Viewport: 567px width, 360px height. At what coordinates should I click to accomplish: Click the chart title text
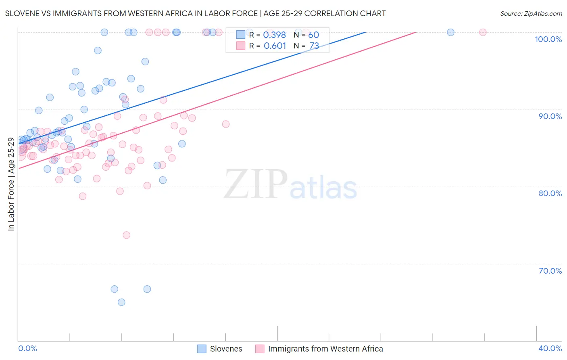[x=195, y=13]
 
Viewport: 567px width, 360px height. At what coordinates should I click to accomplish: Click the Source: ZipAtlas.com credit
[x=531, y=13]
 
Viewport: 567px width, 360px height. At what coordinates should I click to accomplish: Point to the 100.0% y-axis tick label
[x=548, y=39]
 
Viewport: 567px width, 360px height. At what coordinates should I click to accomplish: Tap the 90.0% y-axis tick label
[x=550, y=116]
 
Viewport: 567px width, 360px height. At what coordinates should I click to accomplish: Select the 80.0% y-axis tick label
[x=550, y=193]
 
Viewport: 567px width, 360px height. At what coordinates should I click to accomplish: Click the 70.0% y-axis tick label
[x=550, y=271]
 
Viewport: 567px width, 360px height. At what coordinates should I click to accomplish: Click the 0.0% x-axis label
[x=27, y=348]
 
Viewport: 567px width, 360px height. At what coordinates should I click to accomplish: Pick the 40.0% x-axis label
[x=550, y=348]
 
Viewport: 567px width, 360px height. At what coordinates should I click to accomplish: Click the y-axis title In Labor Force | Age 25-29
[x=11, y=184]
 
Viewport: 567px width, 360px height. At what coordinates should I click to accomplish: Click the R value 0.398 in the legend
[x=274, y=35]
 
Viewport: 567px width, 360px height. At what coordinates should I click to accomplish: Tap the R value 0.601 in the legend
[x=275, y=46]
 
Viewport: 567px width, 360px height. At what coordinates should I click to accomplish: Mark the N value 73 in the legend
[x=314, y=46]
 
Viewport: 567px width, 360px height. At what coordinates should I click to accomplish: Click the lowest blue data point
[x=121, y=302]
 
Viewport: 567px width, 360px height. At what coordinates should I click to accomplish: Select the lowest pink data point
[x=127, y=235]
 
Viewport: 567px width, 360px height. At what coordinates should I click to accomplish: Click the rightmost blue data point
[x=450, y=32]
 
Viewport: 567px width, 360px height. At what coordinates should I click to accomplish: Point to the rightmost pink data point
[x=483, y=32]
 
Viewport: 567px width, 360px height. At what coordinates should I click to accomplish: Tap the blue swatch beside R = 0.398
[x=241, y=35]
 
